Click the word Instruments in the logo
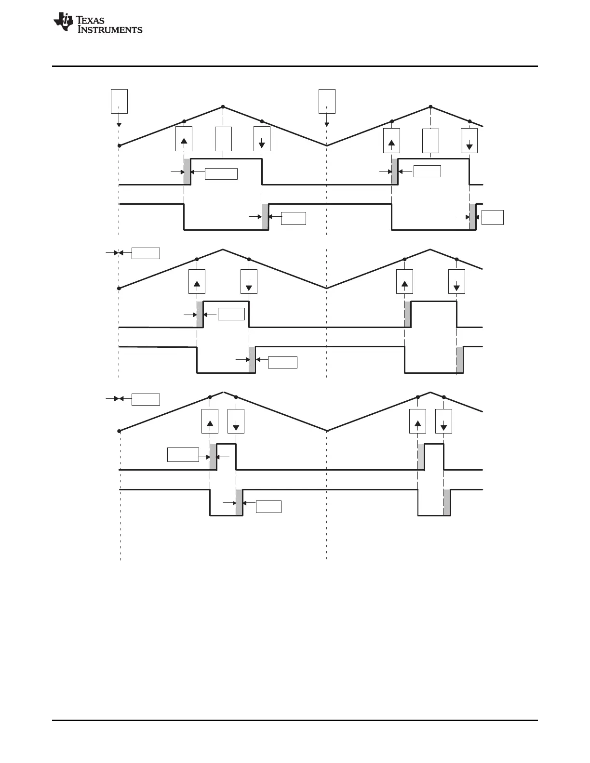click(x=110, y=29)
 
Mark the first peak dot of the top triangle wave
click(x=223, y=106)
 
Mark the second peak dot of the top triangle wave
click(x=430, y=106)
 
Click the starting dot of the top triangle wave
click(x=119, y=145)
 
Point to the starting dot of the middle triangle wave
click(x=119, y=288)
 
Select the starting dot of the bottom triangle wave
click(x=119, y=431)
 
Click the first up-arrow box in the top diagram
click(x=184, y=139)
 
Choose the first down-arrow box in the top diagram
click(x=262, y=139)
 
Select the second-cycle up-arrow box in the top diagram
click(x=391, y=141)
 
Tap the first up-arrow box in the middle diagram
click(x=197, y=281)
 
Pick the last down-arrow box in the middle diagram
click(x=456, y=281)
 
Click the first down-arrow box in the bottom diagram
click(x=236, y=421)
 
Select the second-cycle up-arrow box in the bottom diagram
click(x=417, y=421)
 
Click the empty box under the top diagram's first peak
click(x=223, y=139)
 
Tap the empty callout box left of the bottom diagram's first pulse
click(x=183, y=454)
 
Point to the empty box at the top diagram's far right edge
click(x=493, y=217)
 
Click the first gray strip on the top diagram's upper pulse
click(x=187, y=171)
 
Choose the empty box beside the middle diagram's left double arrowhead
click(x=146, y=253)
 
